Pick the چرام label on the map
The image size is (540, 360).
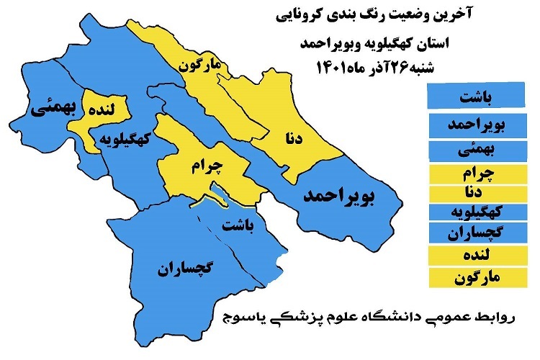[209, 166]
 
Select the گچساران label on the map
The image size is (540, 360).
[185, 270]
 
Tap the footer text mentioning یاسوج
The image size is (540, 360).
[374, 318]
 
